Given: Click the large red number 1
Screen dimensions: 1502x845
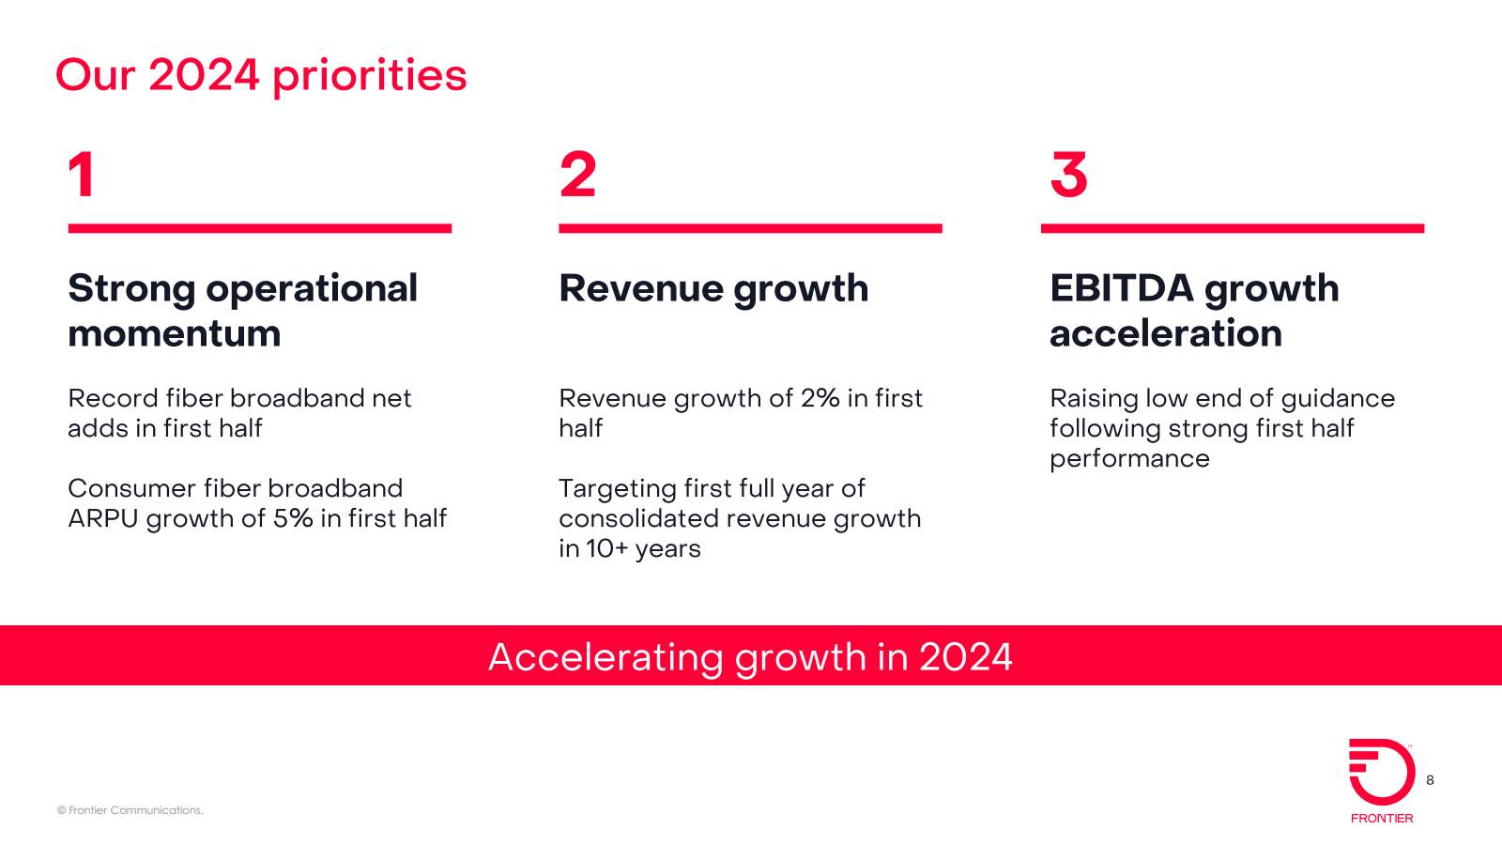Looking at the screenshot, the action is coord(82,175).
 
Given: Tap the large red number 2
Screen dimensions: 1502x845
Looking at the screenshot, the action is coord(577,175).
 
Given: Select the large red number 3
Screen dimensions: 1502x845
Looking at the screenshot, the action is coord(1069,175).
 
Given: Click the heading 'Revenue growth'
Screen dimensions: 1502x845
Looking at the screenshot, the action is coord(713,290).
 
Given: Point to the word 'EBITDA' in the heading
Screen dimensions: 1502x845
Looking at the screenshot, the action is coord(1122,288).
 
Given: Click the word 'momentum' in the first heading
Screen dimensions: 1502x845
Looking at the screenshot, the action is coord(175,334).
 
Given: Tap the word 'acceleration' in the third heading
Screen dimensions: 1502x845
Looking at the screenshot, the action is coord(1165,333).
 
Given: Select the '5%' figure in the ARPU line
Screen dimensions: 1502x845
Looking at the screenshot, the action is coord(293,518).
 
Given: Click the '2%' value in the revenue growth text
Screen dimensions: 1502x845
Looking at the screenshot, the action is coord(820,398).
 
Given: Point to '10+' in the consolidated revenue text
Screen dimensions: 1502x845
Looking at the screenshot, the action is coord(606,548).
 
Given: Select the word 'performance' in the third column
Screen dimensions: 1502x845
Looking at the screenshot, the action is coord(1130,460).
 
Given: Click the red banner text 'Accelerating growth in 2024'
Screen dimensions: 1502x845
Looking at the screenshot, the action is coord(750,657).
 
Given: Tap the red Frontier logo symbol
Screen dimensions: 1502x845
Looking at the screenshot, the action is coord(1382,771).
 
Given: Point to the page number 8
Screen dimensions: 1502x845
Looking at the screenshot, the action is coord(1431,780).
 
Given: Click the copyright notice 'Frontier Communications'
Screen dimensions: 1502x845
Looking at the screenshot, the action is coord(130,810).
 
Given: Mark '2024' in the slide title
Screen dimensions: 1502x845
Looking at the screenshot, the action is coord(204,74).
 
